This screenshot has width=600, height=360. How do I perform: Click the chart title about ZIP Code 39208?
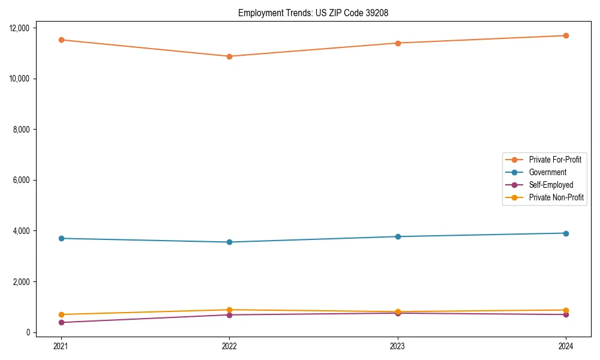tap(313, 13)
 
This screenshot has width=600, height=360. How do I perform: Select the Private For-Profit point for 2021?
tap(61, 40)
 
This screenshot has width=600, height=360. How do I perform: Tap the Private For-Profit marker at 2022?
tap(229, 56)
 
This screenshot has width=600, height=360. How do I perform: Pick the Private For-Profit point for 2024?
tap(566, 35)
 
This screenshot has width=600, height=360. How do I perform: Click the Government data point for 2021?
tap(61, 238)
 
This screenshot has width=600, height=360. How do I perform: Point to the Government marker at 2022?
tap(229, 242)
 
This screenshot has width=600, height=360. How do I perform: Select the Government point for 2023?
tap(398, 236)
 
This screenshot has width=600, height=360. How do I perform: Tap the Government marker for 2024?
tap(566, 233)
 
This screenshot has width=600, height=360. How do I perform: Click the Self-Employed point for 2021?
tap(61, 322)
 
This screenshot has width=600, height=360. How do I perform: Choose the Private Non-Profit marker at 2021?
tap(61, 314)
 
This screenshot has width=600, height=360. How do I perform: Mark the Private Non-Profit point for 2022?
tap(229, 310)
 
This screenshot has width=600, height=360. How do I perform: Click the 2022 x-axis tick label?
tap(229, 346)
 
